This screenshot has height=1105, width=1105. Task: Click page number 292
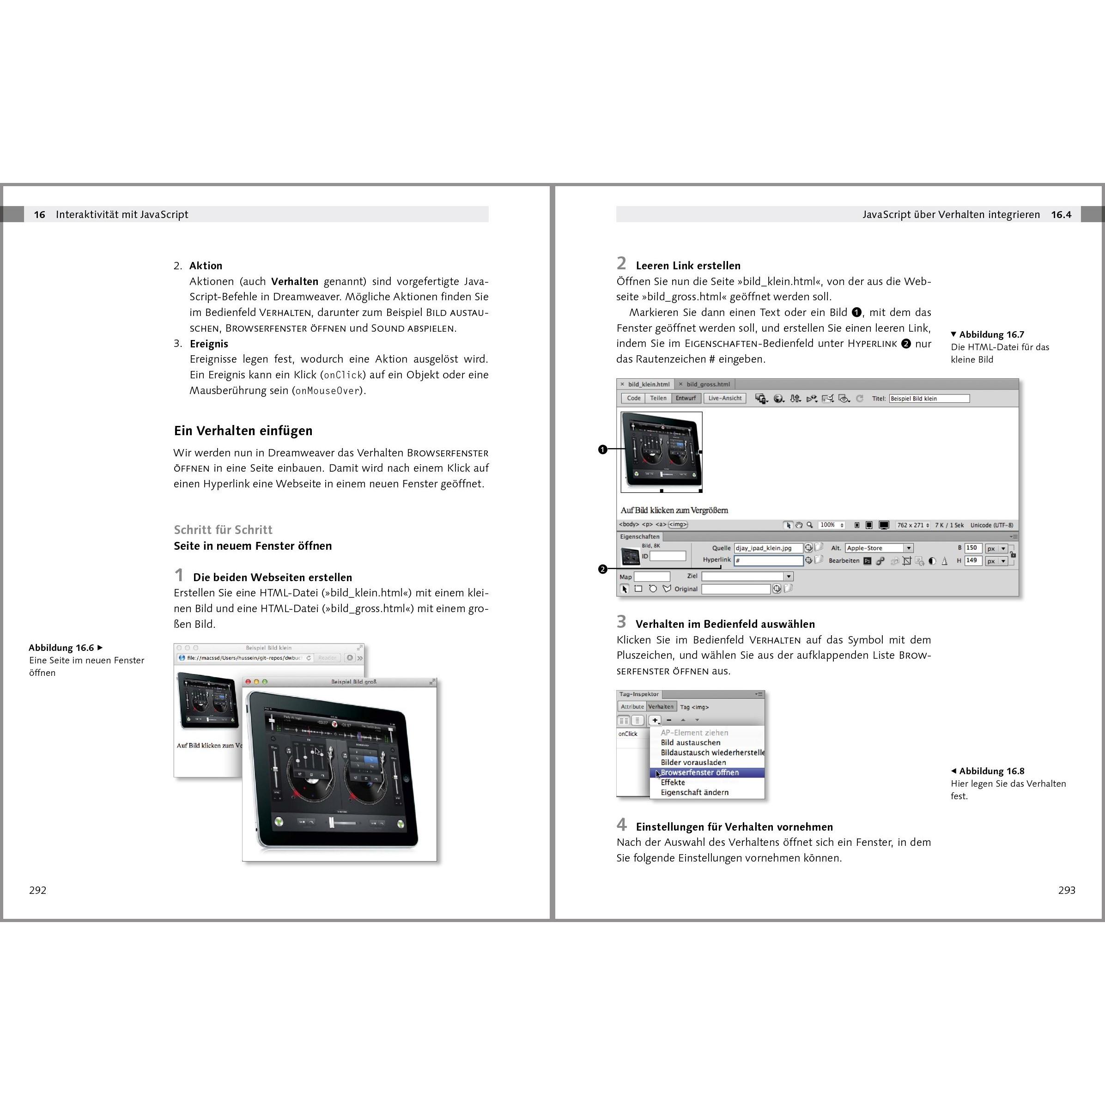point(38,890)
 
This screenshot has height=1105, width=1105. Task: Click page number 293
point(1066,890)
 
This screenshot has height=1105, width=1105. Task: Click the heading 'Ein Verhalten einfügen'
point(243,431)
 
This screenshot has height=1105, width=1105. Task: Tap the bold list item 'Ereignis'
point(209,344)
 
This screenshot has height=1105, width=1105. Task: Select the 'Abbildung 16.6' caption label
point(61,648)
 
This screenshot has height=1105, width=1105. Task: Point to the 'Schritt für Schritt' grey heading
point(223,529)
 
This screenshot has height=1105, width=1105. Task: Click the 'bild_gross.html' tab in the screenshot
point(708,384)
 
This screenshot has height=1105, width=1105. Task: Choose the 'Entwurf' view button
point(685,398)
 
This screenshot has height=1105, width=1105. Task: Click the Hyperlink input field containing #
point(768,560)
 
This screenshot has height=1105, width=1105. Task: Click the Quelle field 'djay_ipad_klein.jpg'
point(768,548)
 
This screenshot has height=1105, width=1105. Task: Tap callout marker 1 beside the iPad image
point(602,449)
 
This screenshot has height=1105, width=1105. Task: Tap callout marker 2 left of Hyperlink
point(602,569)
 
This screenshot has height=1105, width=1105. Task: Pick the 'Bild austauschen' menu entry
point(690,742)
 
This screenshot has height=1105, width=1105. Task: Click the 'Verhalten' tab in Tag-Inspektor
point(661,706)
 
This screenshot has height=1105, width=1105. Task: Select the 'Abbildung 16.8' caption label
point(991,771)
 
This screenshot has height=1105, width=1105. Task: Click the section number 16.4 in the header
point(1061,214)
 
